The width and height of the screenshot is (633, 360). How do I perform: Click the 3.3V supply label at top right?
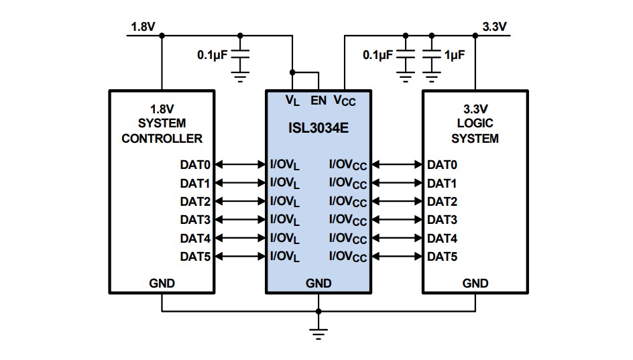[x=494, y=26]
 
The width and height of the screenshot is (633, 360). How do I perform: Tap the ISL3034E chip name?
[x=319, y=126]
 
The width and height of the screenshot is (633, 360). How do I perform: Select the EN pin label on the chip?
[x=319, y=101]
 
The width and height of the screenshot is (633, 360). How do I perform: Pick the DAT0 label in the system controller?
[x=195, y=164]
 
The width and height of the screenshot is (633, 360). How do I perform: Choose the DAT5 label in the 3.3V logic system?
[x=443, y=256]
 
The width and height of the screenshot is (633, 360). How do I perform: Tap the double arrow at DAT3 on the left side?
[x=241, y=219]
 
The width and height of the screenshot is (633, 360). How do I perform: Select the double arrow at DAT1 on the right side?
[x=397, y=183]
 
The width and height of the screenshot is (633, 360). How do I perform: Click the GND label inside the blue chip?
[x=319, y=284]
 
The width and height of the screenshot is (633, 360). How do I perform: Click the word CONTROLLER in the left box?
[x=162, y=139]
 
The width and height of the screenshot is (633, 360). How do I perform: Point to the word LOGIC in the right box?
[x=475, y=124]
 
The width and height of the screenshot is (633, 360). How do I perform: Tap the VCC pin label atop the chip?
[x=345, y=101]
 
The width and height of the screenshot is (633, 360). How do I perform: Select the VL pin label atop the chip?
[x=292, y=101]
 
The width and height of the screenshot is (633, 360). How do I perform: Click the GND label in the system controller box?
[x=162, y=284]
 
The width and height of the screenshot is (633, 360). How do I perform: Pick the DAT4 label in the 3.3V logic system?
[x=443, y=238]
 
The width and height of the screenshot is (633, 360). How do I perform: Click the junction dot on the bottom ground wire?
[x=319, y=312]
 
